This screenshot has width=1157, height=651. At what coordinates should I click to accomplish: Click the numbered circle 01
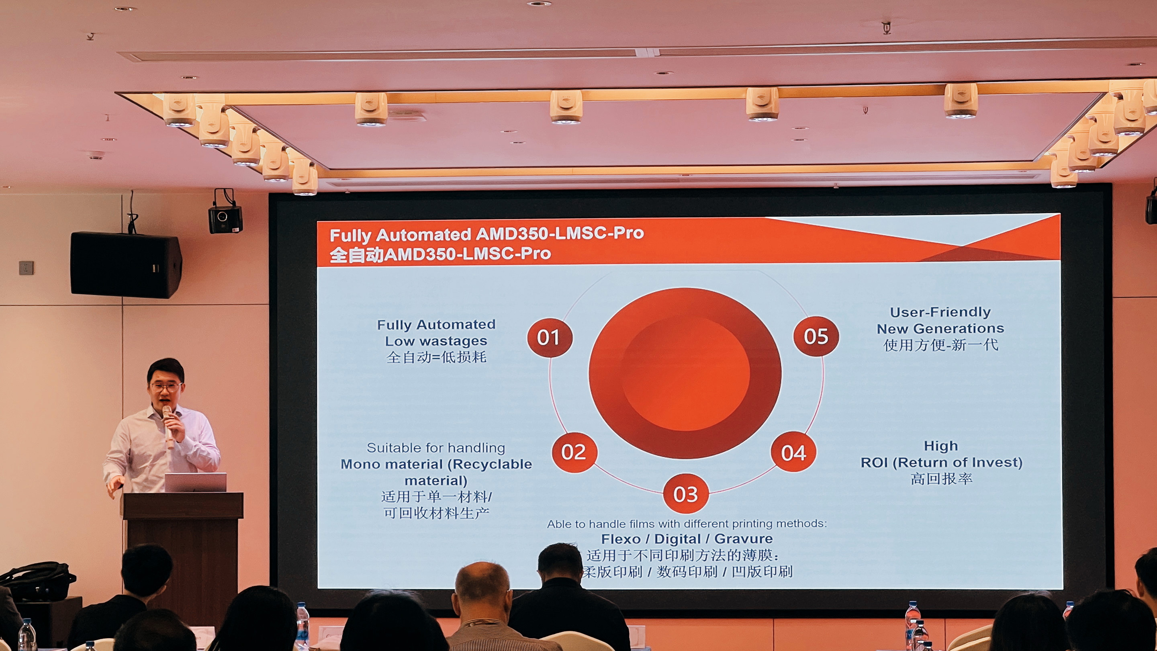tap(549, 338)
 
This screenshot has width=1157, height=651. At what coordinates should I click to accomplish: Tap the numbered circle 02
tap(574, 452)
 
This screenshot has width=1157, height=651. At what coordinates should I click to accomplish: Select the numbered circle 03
tap(685, 494)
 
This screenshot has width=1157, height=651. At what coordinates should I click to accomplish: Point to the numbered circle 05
tap(816, 336)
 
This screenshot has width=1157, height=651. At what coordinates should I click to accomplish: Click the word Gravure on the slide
tap(743, 538)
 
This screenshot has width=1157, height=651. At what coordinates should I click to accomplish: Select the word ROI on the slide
tap(874, 462)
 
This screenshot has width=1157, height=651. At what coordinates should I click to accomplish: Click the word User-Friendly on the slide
tap(940, 312)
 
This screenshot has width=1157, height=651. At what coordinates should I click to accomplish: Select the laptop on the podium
tap(195, 483)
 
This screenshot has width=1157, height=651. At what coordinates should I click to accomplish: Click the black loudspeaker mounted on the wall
tap(126, 265)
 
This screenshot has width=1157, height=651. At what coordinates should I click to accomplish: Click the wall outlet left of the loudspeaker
tap(26, 268)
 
